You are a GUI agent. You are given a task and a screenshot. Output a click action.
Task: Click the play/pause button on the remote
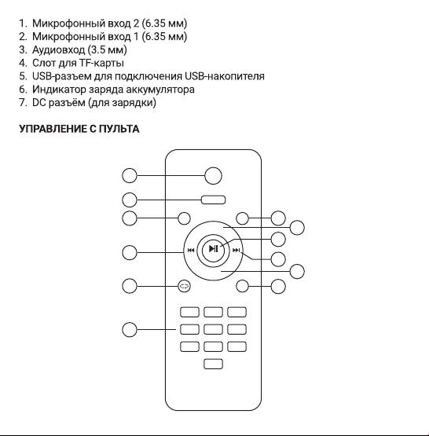coord(213,249)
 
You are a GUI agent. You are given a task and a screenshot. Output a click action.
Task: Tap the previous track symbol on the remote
coord(191,251)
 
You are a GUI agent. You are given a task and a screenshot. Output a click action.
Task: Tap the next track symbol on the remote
coord(236,251)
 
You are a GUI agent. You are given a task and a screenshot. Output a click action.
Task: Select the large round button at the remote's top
coord(213,176)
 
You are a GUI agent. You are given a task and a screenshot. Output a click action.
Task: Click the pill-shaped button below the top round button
coord(213,200)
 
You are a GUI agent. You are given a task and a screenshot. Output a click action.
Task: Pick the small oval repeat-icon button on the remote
coord(184,286)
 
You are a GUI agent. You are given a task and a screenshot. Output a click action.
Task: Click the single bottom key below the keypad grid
coord(213,364)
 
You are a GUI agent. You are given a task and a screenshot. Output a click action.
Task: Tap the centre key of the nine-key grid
coord(213,329)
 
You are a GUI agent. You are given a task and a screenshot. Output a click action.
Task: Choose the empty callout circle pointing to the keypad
coord(130,329)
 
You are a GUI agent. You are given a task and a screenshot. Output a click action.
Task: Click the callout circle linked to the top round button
coord(130,176)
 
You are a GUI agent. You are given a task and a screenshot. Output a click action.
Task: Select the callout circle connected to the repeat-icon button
coord(130,286)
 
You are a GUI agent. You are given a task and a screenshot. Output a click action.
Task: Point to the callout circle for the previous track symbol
coord(130,252)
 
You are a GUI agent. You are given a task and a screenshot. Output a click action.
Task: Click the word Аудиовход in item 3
coord(58,50)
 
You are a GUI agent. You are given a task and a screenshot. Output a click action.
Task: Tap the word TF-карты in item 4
coord(102,63)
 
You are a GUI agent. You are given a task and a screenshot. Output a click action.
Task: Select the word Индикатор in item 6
coord(59,90)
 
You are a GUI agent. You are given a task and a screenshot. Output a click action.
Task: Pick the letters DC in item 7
coord(38,103)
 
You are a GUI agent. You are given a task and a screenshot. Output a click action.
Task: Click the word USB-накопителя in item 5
coord(225,76)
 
